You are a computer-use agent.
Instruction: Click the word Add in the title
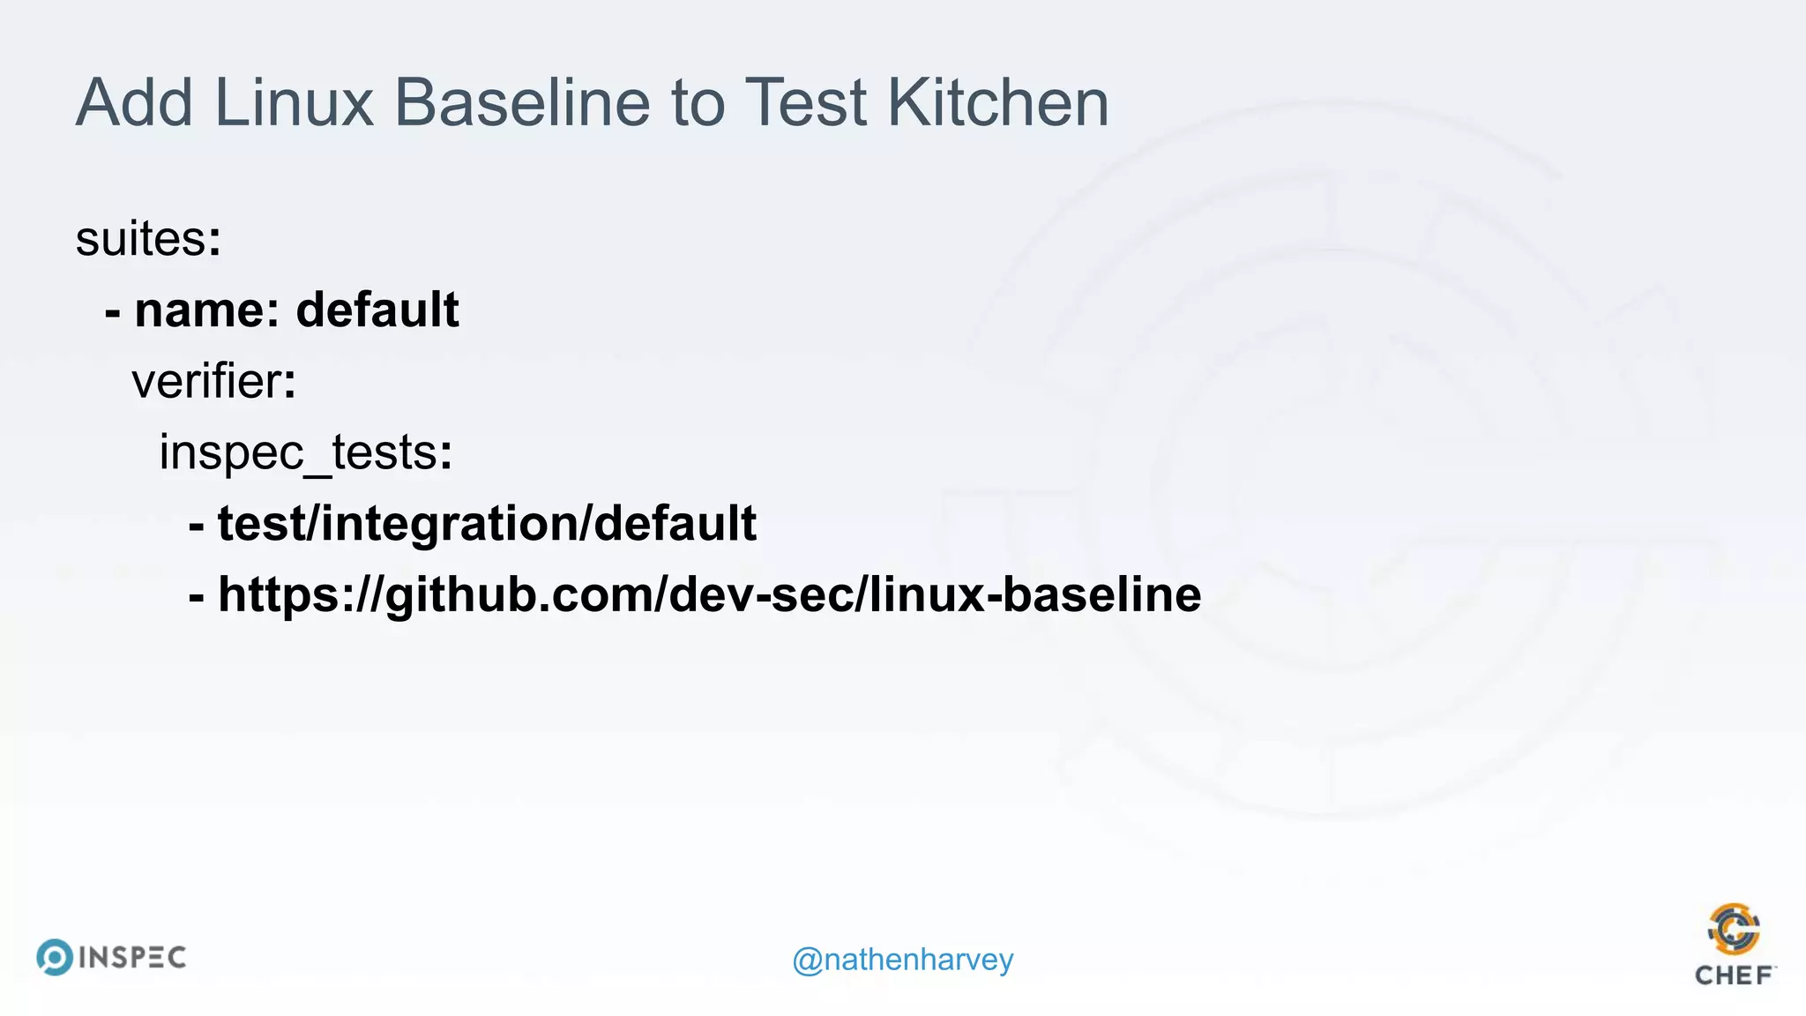click(134, 103)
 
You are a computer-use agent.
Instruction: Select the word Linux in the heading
click(295, 103)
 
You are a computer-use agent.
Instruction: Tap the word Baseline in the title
click(522, 103)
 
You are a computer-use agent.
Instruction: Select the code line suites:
click(148, 239)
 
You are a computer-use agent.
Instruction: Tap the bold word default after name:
click(377, 310)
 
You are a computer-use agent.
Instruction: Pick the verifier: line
click(214, 382)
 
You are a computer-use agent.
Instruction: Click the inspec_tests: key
click(305, 453)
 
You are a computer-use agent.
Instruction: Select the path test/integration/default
click(487, 524)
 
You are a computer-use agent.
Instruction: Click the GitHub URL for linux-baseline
click(709, 594)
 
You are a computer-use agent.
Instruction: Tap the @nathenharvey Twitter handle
click(903, 960)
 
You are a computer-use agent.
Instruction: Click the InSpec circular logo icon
click(55, 958)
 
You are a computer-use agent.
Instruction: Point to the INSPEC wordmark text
click(132, 958)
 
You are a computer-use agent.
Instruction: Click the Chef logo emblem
click(1734, 929)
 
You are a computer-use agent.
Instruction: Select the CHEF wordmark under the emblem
click(1734, 975)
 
